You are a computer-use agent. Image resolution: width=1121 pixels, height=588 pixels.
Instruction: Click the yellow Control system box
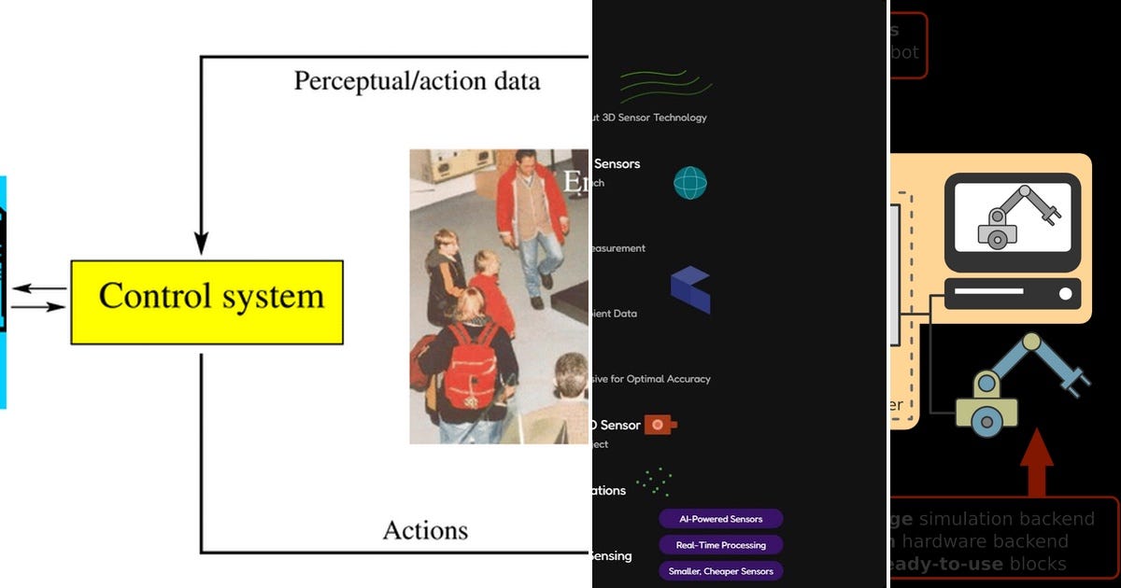coord(206,301)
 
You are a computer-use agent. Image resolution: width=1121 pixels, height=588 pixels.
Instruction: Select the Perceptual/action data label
coord(417,81)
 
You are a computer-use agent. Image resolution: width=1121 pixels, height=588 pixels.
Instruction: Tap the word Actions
coord(425,531)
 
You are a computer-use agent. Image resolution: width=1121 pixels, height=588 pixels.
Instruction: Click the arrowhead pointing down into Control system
coord(201,245)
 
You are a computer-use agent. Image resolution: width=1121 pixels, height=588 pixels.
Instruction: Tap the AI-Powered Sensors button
coord(720,519)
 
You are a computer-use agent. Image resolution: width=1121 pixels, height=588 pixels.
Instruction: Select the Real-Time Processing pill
coord(720,545)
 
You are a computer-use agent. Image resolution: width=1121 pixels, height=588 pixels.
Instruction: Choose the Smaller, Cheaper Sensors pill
coord(720,571)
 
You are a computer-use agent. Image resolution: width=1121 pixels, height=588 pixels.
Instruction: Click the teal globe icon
coord(690,183)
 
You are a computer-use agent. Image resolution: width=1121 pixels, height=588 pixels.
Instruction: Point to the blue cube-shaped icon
coord(690,289)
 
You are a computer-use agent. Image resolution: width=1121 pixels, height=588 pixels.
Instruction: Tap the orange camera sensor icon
coord(660,425)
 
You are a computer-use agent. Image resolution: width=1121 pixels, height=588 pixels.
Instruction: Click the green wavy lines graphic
coord(666,86)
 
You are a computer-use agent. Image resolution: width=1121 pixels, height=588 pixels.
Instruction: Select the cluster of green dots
coord(653,482)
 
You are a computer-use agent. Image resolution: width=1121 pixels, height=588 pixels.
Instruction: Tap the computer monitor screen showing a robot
coord(1013,222)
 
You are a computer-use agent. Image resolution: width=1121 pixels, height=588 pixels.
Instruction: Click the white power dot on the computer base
coord(1065,294)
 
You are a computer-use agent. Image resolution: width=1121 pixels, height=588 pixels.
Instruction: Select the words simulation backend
coord(1007,519)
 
